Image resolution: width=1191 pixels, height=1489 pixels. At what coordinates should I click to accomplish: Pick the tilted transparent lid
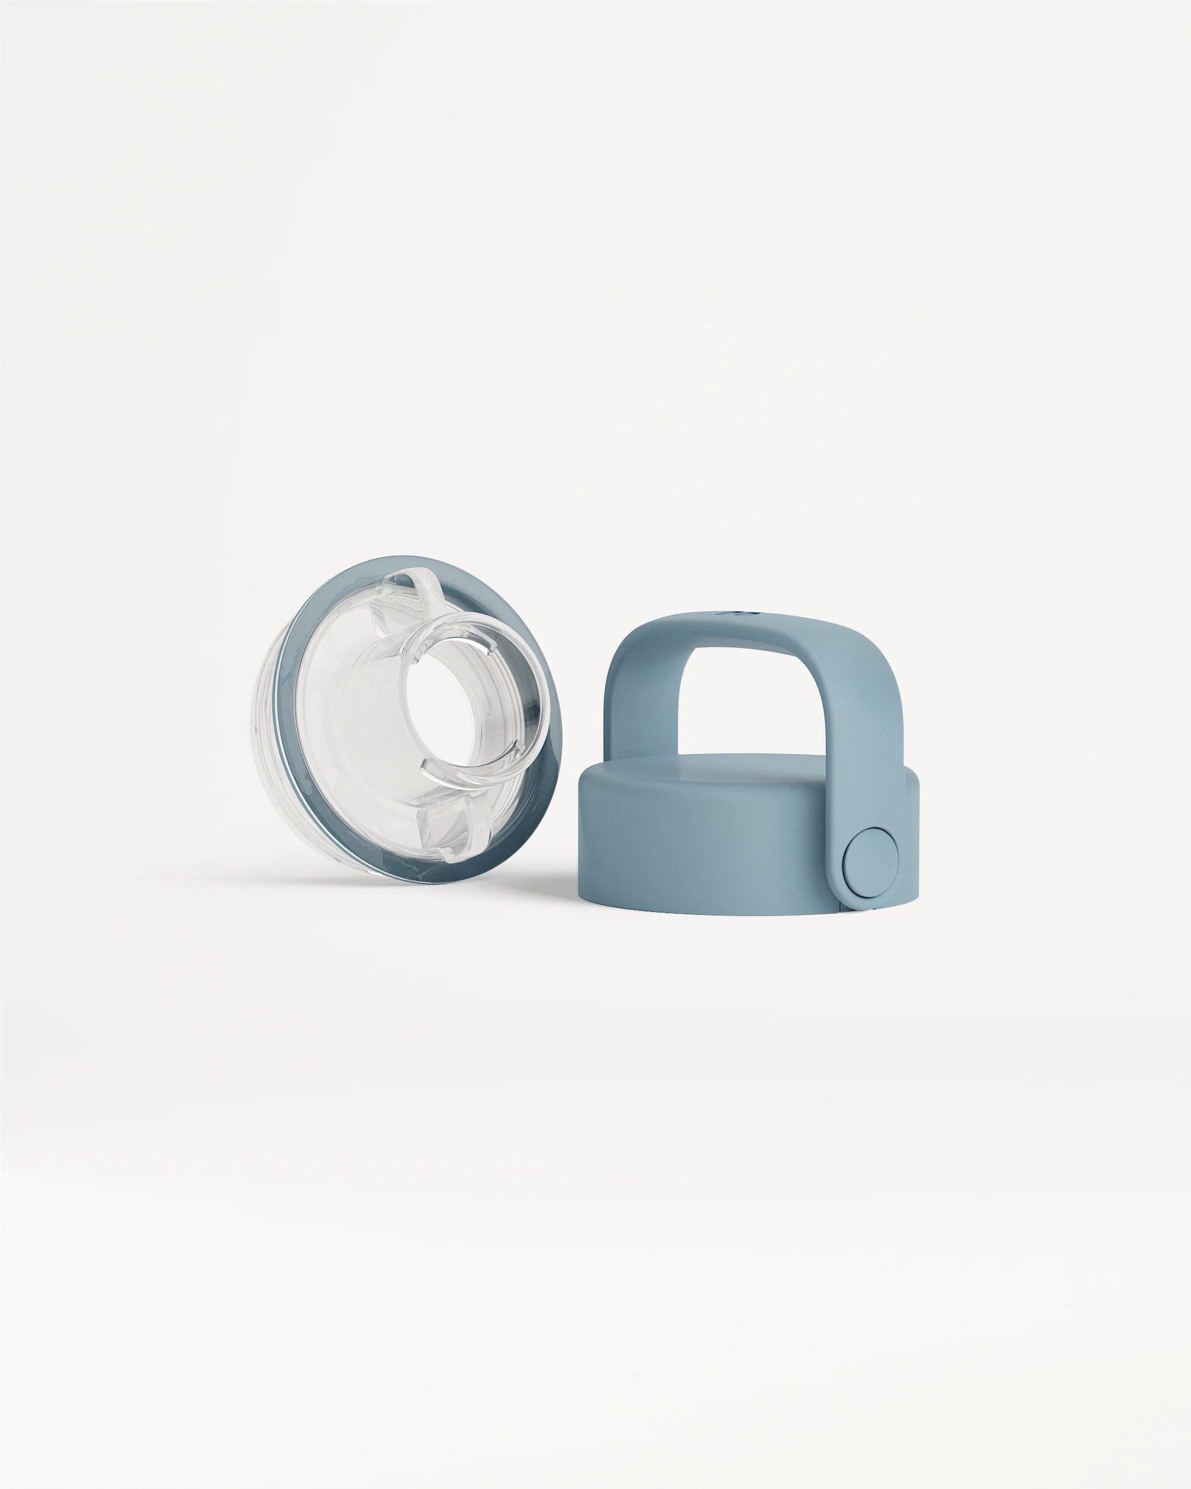[x=407, y=718]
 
